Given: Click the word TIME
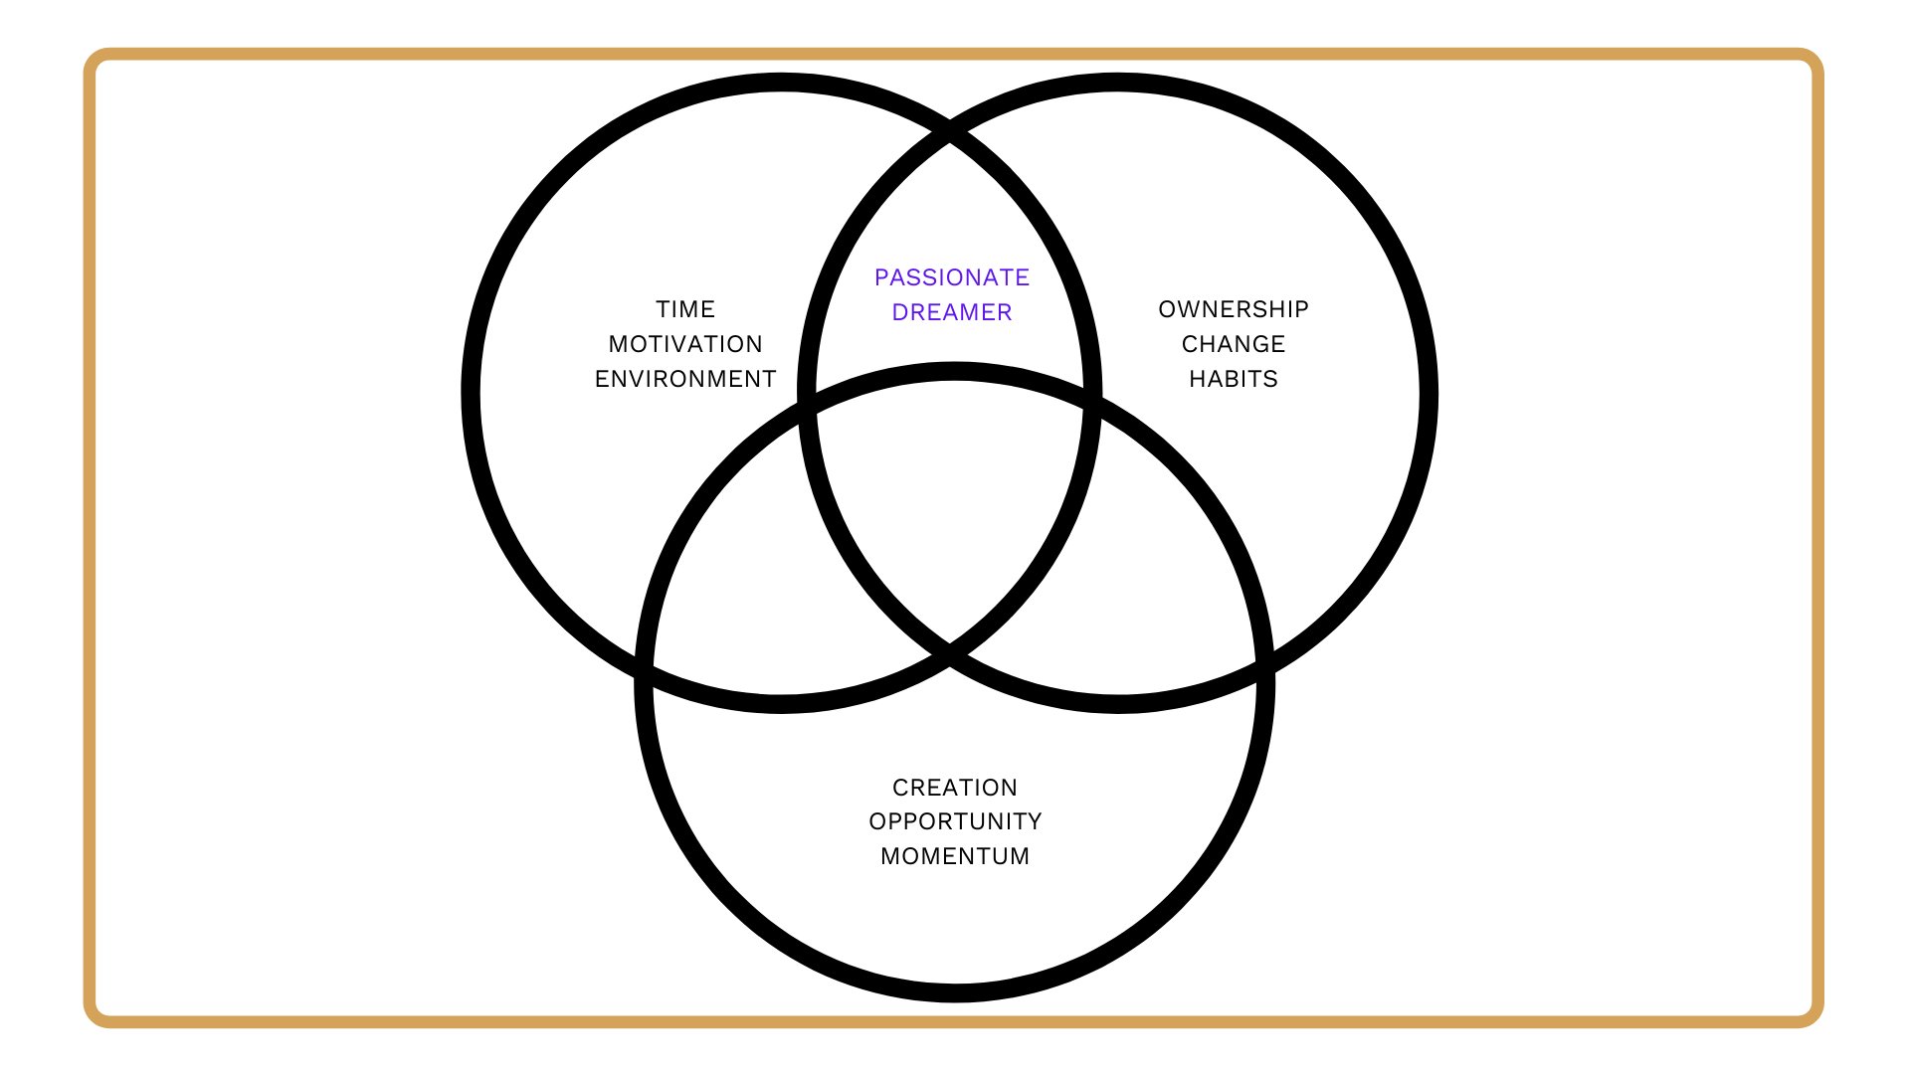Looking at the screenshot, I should (685, 309).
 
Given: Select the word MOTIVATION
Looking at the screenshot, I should (685, 344).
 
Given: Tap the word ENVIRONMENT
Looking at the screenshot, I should (685, 379).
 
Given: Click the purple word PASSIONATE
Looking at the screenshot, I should (952, 277).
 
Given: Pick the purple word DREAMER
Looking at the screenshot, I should (952, 312).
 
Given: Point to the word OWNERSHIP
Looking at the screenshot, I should (1234, 309).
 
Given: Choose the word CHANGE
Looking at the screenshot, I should (1234, 344).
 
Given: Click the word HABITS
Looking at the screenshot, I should (1234, 379).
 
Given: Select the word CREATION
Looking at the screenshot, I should (955, 788).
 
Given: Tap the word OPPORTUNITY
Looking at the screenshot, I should (955, 821).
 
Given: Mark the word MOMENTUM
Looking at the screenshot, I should (955, 856).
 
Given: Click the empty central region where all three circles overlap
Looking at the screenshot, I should (951, 497).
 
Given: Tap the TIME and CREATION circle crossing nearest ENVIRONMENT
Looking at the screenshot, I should (808, 402).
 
